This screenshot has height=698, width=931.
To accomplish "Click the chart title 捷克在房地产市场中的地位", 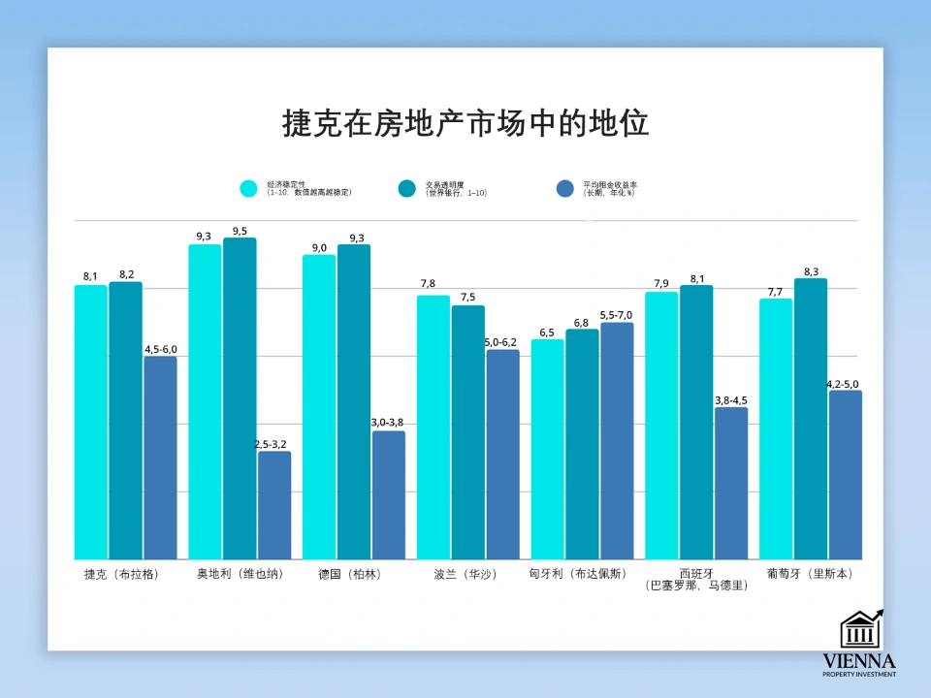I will [465, 124].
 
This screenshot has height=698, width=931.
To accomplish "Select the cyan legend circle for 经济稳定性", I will [249, 188].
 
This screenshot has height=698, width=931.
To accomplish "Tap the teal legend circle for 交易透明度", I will [407, 188].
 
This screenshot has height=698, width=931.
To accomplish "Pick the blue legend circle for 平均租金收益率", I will [565, 188].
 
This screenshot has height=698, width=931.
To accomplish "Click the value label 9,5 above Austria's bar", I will [240, 231].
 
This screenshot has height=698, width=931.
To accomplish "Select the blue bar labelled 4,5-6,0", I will [160, 456].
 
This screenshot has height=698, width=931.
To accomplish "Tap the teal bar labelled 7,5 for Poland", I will [467, 431].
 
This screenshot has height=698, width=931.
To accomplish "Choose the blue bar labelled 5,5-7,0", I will [617, 440].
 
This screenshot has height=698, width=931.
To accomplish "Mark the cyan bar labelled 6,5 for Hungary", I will [547, 448].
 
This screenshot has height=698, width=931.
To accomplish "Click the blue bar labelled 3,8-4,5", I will [731, 482].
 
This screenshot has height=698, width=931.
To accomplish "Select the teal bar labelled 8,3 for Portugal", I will [811, 418].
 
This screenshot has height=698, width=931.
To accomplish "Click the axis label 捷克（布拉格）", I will [121, 574].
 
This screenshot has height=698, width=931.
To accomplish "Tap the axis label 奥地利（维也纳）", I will [240, 574].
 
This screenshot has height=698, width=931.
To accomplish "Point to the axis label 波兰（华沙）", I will [465, 574].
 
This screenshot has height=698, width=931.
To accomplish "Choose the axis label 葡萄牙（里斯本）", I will [810, 574].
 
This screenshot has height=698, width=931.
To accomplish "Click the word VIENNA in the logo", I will [859, 661].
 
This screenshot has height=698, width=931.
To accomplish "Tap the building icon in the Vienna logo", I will [859, 630].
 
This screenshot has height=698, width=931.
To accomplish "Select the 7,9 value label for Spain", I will [660, 284].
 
